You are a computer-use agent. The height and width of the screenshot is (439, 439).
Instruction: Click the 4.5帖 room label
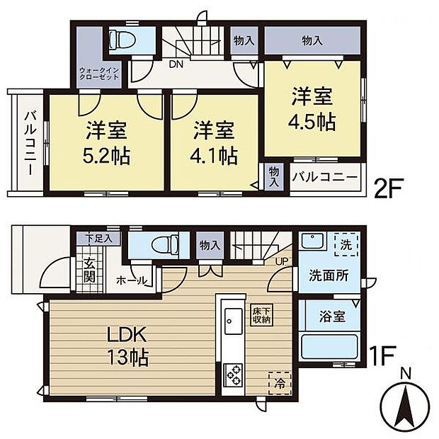pos(312,122)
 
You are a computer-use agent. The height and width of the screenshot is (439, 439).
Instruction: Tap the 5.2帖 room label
pos(106,156)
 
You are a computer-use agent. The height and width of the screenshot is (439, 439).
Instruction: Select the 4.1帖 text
pos(214,156)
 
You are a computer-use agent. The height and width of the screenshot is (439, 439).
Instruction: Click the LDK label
pos(127,334)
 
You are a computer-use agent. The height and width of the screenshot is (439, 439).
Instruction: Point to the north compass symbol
pos(406,403)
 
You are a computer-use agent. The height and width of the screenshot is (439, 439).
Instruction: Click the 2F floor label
pos(388,188)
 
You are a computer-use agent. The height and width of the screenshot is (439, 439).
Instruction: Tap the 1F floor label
pos(382,355)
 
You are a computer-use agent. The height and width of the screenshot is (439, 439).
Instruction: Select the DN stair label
pos(176,64)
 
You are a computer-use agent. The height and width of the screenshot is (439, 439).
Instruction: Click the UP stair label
pos(281,261)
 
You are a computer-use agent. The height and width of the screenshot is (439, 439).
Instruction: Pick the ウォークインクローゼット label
pos(99,74)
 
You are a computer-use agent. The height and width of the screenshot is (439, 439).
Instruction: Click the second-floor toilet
pos(122,40)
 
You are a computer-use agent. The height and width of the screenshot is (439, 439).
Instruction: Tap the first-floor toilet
pos(165,244)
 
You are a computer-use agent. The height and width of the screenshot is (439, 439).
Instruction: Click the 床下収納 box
pos(261,314)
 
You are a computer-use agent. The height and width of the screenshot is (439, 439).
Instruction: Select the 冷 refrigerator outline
pos(280,383)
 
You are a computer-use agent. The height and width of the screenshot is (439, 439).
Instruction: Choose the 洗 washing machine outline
pos(346,245)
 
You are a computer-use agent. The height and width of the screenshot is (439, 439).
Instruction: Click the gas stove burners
pos(234,375)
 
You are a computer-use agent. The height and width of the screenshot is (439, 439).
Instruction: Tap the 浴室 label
pos(332,317)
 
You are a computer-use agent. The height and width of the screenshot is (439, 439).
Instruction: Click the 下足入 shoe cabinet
pos(99,239)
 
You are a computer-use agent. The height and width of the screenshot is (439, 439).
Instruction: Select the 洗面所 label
pos(329,275)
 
